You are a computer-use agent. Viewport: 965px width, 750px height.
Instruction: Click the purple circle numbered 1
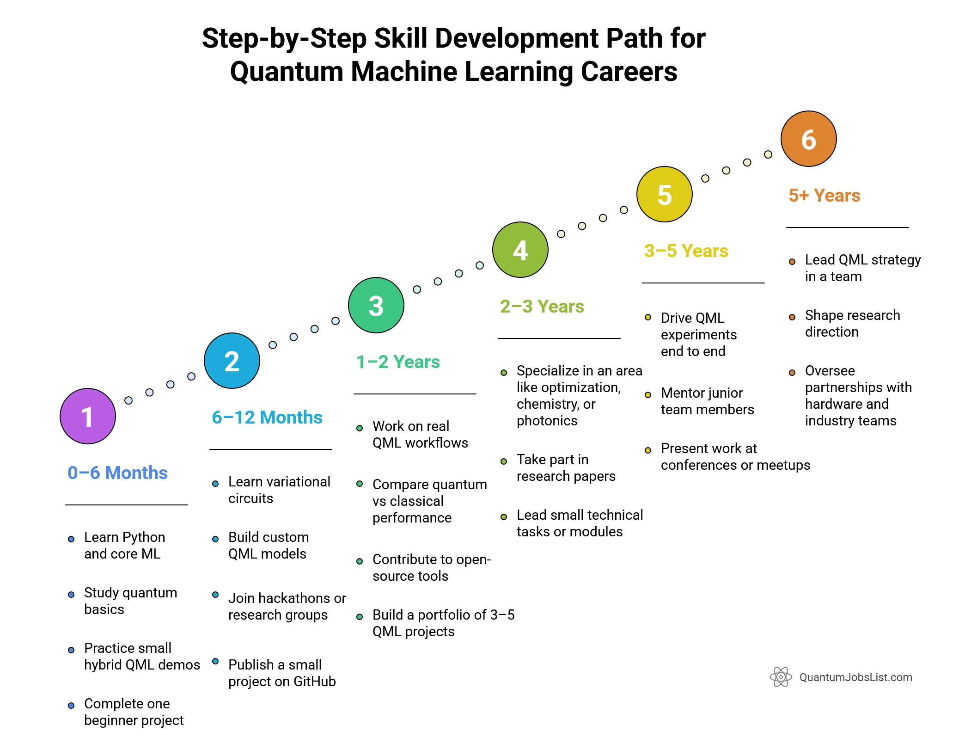pos(88,416)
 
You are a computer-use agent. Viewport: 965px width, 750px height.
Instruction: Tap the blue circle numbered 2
pos(232,361)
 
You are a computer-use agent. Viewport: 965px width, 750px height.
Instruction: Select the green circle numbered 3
pos(376,305)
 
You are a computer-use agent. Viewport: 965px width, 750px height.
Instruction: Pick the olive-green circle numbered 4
pos(520,250)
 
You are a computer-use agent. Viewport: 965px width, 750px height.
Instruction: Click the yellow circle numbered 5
pos(665,194)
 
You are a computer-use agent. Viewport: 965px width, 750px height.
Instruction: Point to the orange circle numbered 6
pos(809,139)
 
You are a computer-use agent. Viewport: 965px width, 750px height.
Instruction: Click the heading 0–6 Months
pos(117,473)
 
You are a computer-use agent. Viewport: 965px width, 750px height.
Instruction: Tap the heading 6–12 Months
pos(267,417)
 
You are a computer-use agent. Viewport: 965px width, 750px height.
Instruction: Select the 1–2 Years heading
pos(398,362)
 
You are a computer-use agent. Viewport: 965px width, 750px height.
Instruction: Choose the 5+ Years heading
pos(825,195)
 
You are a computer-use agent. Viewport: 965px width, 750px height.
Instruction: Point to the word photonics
pos(547,421)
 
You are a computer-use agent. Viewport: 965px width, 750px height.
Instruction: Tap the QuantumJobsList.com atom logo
pos(781,677)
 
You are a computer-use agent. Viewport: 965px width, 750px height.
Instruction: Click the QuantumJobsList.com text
pos(856,677)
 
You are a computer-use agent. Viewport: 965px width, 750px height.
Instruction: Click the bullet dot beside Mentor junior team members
pos(648,395)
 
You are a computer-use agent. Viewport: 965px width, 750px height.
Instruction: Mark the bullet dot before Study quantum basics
pos(71,595)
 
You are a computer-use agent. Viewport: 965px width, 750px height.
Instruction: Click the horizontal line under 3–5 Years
pos(703,283)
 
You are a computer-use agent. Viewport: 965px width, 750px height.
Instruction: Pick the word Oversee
pos(830,371)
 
